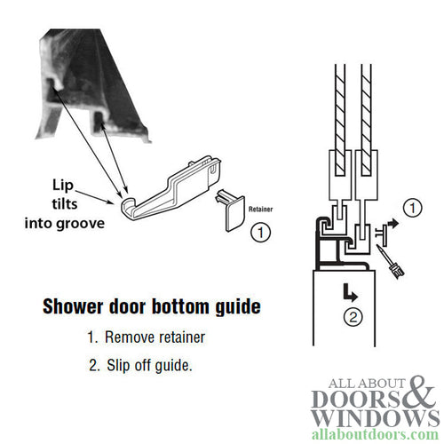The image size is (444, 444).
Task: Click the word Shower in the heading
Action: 74,307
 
